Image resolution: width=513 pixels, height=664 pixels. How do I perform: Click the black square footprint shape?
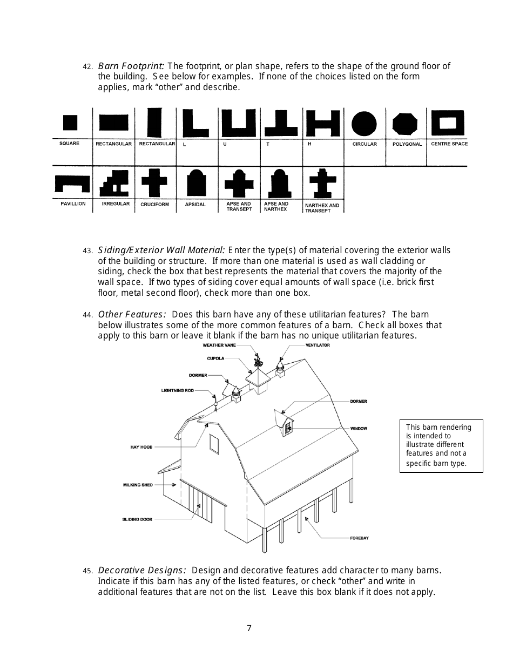(x=70, y=123)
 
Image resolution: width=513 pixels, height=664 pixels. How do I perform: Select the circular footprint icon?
(x=364, y=124)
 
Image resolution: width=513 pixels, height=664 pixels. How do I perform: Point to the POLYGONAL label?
(x=407, y=144)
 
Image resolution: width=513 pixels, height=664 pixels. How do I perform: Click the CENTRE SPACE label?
(x=449, y=144)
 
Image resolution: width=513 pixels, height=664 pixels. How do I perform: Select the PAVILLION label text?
(x=73, y=204)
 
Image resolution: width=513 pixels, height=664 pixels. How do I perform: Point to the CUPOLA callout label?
(x=215, y=358)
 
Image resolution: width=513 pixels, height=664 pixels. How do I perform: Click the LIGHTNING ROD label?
(x=177, y=390)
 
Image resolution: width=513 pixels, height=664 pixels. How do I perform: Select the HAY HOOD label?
(x=141, y=447)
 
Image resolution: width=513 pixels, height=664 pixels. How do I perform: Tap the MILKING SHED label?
(x=138, y=485)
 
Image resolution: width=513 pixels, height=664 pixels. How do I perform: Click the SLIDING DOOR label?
(x=137, y=519)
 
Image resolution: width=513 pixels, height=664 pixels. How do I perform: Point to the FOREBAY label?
(x=359, y=538)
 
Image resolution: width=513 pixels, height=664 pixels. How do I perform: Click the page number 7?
(x=249, y=628)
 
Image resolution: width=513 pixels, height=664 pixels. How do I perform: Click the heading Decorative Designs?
(x=142, y=570)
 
